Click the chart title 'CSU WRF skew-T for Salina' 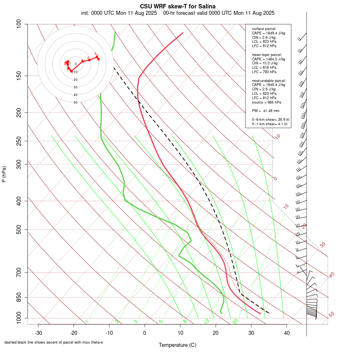[x=178, y=6]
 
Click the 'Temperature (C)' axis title [x=178, y=345]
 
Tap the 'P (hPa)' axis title [x=4, y=174]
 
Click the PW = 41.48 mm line [x=266, y=110]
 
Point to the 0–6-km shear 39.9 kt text [x=270, y=120]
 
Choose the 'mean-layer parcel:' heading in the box [x=267, y=55]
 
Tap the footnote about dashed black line [x=54, y=342]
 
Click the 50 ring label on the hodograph [x=75, y=102]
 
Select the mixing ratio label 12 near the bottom [x=207, y=321]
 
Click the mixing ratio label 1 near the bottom [x=86, y=322]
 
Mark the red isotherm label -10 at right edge [x=276, y=137]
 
